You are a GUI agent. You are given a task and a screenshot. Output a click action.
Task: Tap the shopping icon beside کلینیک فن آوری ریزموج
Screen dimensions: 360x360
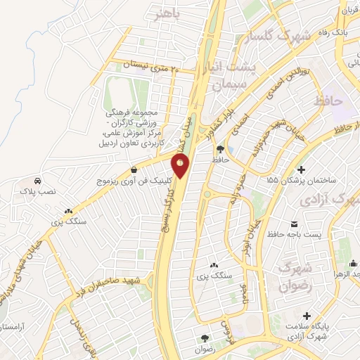pos(134,169)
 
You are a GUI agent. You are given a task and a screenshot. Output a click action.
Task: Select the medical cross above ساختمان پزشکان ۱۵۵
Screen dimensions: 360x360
pos(302,169)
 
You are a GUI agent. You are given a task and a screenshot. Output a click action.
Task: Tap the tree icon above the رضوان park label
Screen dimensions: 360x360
pos(205,337)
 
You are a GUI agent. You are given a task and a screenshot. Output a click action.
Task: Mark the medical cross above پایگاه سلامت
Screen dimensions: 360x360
pos(306,314)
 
